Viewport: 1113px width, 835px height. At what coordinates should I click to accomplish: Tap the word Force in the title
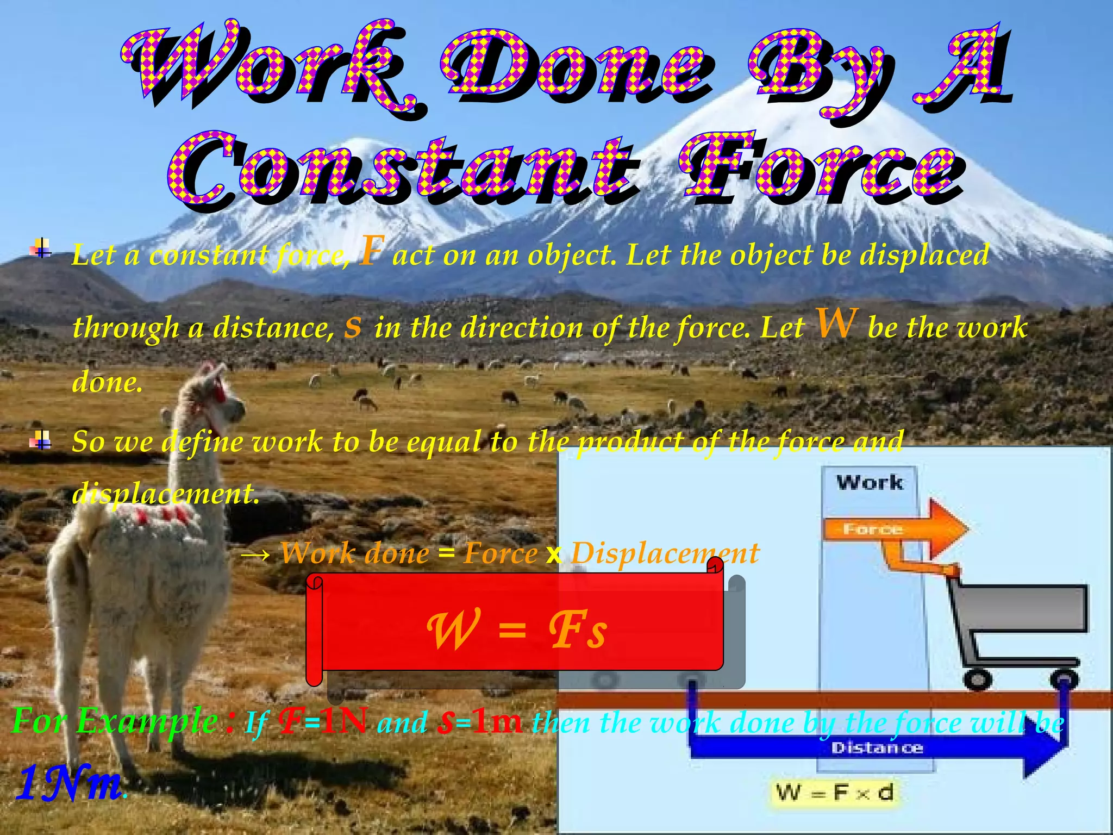point(821,169)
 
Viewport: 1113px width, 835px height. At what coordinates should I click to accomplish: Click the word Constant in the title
point(402,169)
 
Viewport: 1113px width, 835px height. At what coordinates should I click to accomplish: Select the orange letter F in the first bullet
point(371,251)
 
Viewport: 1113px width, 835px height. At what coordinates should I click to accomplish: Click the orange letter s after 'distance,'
point(353,327)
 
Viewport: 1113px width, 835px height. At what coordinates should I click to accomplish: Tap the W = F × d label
point(834,793)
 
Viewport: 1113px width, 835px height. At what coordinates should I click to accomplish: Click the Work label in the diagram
point(870,483)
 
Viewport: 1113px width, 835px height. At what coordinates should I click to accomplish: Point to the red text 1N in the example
point(343,721)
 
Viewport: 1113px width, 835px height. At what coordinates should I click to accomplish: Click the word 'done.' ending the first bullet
point(107,382)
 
